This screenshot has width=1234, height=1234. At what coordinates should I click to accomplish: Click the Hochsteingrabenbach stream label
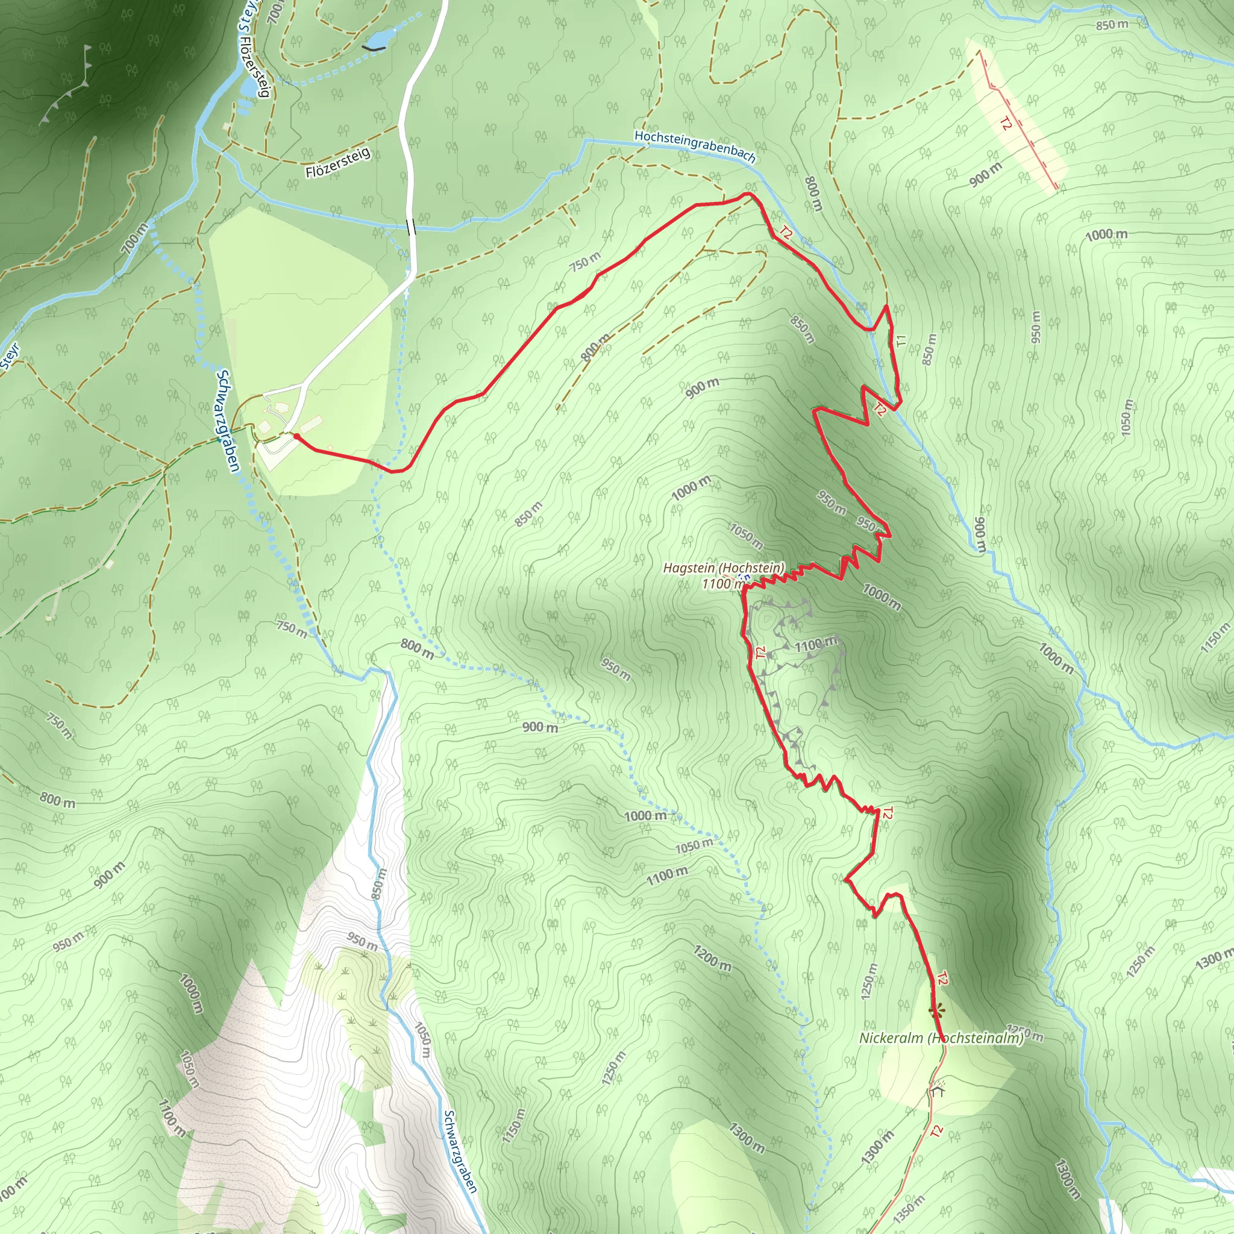(694, 146)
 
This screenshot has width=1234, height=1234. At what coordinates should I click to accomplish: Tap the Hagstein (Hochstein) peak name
(724, 568)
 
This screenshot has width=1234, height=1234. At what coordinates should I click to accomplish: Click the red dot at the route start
(296, 436)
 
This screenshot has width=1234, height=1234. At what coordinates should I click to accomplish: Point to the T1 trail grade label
(901, 340)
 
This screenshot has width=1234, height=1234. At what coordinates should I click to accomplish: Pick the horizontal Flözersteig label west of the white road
(337, 163)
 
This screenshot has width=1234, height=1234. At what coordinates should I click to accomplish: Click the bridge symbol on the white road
(411, 227)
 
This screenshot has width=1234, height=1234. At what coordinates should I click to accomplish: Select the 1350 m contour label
(909, 1209)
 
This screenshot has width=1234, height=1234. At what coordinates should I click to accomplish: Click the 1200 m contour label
(712, 958)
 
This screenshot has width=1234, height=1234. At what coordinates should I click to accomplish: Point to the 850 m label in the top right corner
(1112, 25)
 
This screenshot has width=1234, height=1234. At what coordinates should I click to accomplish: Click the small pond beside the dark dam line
(378, 40)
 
